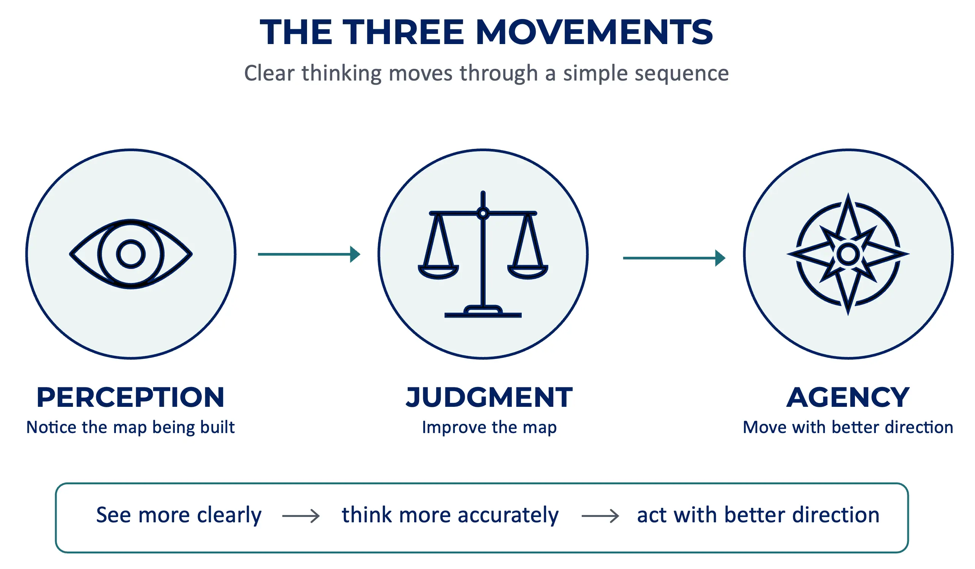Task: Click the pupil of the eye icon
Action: pyautogui.click(x=131, y=254)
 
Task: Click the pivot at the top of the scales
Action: pyautogui.click(x=483, y=213)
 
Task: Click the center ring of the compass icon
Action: pyautogui.click(x=848, y=254)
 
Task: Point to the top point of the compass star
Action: pyautogui.click(x=848, y=195)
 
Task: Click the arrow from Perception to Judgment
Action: pyautogui.click(x=309, y=254)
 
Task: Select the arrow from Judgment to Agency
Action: pyautogui.click(x=674, y=258)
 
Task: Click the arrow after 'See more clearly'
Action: pyautogui.click(x=301, y=516)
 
